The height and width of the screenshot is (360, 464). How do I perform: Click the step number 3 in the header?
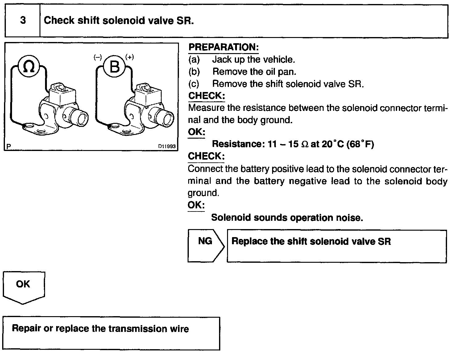click(23, 21)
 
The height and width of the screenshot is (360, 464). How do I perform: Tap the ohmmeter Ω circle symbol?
click(29, 66)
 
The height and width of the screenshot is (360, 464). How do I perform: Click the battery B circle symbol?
click(114, 66)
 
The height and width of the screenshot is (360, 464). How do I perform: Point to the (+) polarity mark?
click(130, 57)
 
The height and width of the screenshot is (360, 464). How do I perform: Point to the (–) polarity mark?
click(98, 57)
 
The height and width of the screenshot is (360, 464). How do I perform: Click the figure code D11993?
click(167, 147)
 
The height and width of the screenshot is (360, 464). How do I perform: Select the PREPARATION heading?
click(223, 47)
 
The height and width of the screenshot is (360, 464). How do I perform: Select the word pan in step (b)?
click(289, 72)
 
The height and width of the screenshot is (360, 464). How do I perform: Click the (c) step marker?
click(194, 84)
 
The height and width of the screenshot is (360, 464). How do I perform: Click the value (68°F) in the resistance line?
click(360, 144)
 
